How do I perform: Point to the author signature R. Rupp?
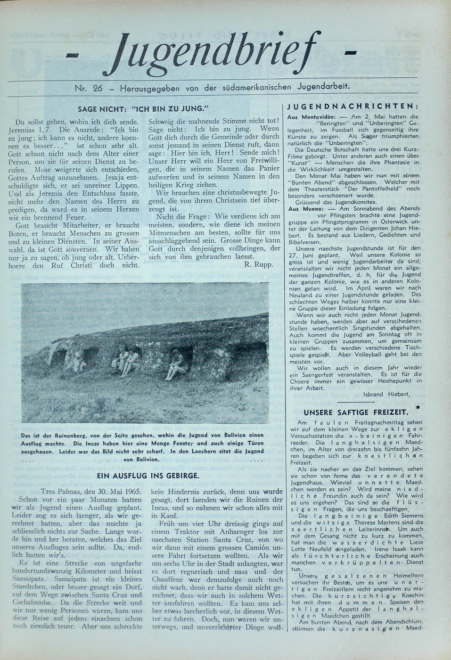(259, 264)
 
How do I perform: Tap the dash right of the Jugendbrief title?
(351, 52)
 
